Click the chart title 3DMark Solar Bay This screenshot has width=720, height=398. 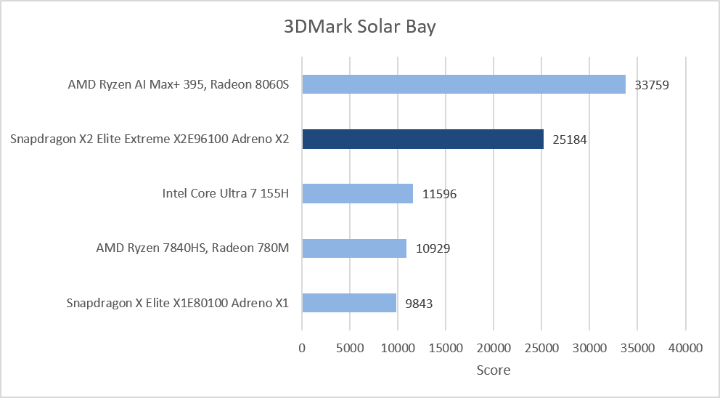tap(359, 27)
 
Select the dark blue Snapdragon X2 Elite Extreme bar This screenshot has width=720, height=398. tap(423, 139)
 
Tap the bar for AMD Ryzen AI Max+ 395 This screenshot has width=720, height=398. tap(464, 84)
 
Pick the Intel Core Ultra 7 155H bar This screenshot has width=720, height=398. tap(357, 193)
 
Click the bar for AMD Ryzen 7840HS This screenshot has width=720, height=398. tap(354, 248)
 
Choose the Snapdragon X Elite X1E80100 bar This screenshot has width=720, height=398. tap(349, 303)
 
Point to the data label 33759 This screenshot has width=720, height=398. tap(652, 85)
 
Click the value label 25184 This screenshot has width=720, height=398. tap(569, 139)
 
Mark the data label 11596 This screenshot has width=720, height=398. tap(439, 194)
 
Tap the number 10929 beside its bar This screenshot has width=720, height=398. tap(433, 248)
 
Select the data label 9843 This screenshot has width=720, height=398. tap(419, 304)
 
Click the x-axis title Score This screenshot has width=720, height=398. tap(493, 370)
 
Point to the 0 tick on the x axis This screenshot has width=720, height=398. tap(302, 348)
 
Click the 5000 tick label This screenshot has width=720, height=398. tap(350, 348)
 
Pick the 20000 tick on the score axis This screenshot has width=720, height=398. tap(494, 348)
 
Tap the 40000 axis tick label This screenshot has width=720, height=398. tap(686, 348)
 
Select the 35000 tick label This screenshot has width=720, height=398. tap(637, 348)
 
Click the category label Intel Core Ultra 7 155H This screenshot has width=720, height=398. tap(226, 193)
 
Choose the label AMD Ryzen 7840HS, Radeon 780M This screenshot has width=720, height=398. tap(192, 248)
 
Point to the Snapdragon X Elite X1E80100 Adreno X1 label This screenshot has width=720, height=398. tap(178, 303)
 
